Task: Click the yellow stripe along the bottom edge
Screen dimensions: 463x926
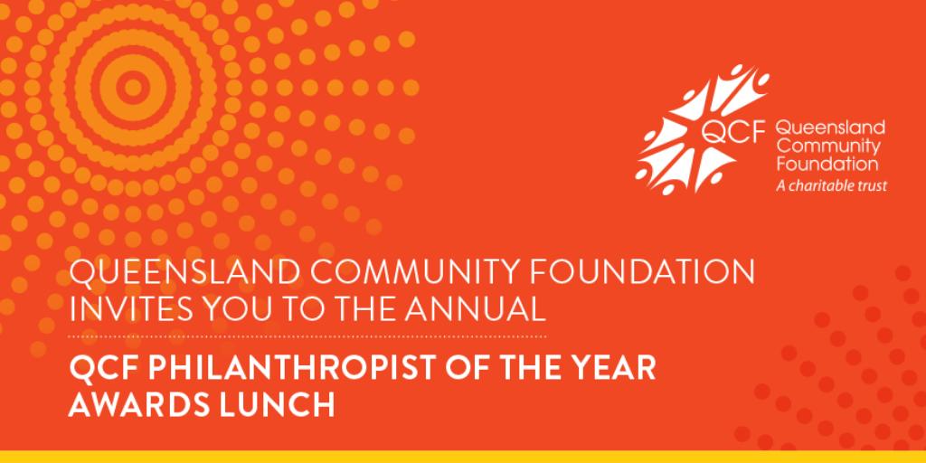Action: (x=463, y=456)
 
